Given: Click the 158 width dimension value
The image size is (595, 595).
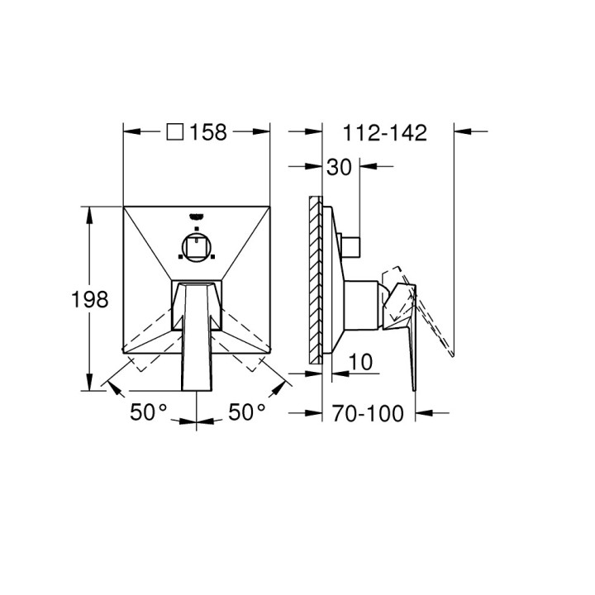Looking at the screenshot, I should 208,132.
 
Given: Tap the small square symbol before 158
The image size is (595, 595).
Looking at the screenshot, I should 174,131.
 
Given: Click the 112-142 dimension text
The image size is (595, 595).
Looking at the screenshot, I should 386,132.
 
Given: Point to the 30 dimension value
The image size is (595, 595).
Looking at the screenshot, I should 339,167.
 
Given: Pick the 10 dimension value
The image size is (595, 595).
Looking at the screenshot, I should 361,362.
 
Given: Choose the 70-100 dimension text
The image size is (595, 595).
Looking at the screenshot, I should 369,412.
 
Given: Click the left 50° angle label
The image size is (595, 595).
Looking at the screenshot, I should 149,412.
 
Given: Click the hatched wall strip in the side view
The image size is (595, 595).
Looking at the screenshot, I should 314,279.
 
